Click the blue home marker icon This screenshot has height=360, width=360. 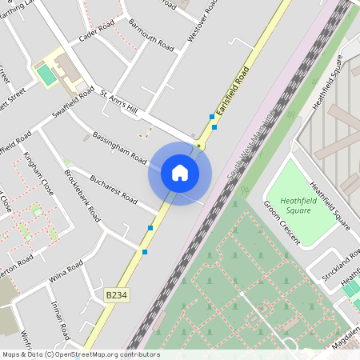[180, 173]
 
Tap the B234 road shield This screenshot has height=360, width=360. [117, 295]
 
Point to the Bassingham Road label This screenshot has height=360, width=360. [119, 145]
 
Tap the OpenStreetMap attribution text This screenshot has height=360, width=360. [80, 354]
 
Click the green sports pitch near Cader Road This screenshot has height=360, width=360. [46, 75]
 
